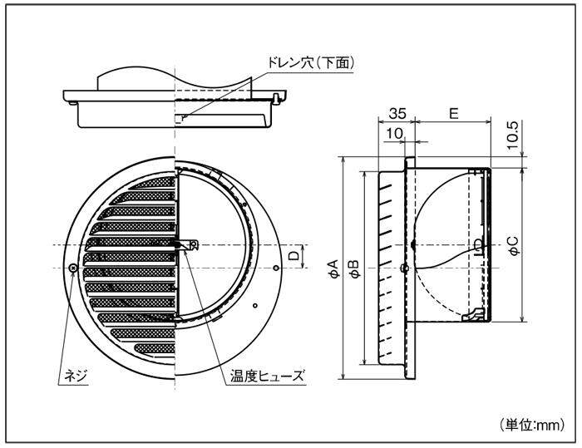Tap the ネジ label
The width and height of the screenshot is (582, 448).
(x=76, y=377)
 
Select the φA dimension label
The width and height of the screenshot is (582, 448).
(x=332, y=268)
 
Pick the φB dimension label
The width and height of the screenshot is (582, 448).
(x=353, y=268)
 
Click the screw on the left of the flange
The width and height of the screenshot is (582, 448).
(x=74, y=268)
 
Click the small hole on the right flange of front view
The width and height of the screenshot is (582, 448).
(x=275, y=268)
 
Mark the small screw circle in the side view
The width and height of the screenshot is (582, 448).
(x=404, y=268)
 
